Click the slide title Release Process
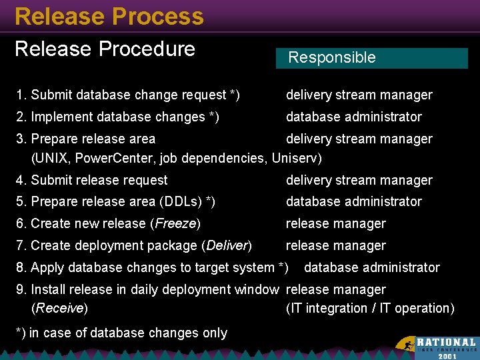[x=109, y=16]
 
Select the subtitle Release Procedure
[x=105, y=49]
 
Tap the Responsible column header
[x=331, y=58]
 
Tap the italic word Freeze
[x=175, y=223]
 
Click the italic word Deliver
[x=226, y=245]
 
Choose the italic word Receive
[x=59, y=308]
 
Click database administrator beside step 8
[x=371, y=267]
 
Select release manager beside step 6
[x=335, y=223]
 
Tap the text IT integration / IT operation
[x=370, y=308]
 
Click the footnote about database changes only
[x=121, y=333]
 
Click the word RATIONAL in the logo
[x=447, y=342]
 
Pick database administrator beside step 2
[x=353, y=117]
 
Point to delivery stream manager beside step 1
[x=359, y=95]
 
